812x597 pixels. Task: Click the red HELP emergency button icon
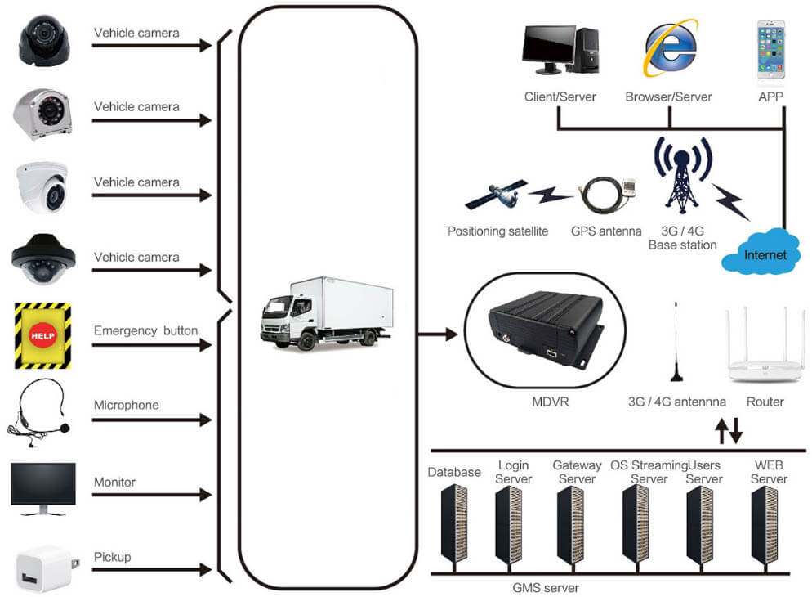pos(42,334)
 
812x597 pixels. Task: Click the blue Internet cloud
pos(765,254)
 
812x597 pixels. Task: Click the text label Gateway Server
pos(577,472)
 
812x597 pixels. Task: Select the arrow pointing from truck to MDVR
pos(436,334)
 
